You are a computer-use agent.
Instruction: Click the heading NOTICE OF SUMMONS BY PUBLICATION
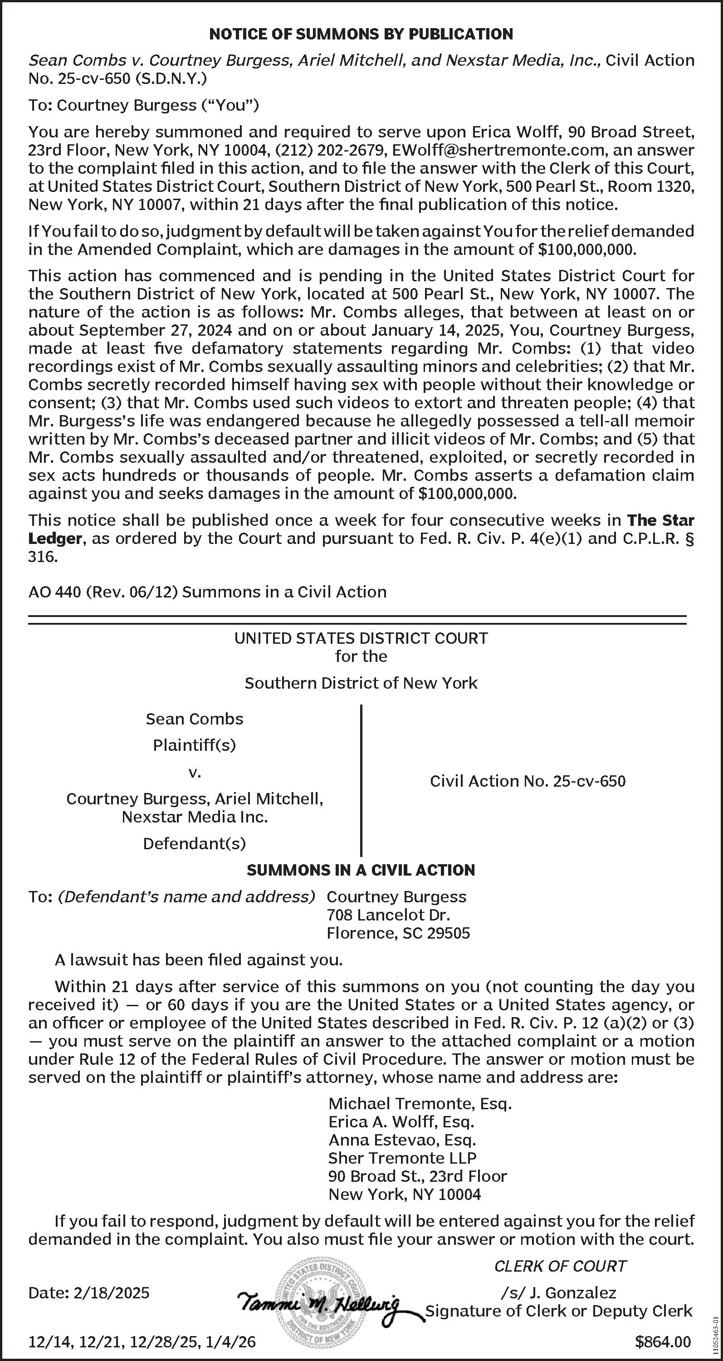pos(361,34)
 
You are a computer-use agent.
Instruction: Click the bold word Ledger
pos(55,539)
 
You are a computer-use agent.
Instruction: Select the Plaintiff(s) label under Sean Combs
pos(194,745)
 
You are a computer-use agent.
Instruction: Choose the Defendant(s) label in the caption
pos(194,843)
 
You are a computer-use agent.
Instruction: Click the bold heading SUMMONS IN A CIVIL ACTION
pos(361,870)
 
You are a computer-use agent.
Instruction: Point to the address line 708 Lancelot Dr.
pos(388,915)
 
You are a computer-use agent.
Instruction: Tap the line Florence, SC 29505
pos(398,933)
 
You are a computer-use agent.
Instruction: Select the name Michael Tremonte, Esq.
pos(420,1104)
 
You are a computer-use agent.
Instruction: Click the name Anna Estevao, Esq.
pos(402,1140)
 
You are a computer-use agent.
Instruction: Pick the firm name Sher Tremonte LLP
pos(402,1158)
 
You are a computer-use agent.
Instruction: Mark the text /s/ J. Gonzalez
pos(558,1293)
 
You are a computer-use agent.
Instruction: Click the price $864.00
pos(663,1342)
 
